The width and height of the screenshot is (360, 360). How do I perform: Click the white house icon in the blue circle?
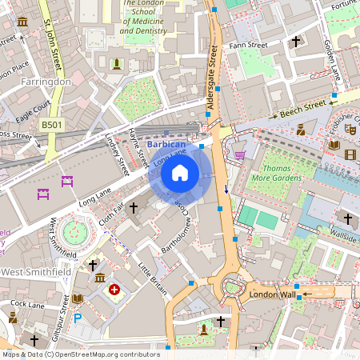point(180,172)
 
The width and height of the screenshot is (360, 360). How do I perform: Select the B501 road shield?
point(51,125)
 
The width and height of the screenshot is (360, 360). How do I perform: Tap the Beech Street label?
point(303,107)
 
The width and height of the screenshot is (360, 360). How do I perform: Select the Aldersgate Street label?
point(212,79)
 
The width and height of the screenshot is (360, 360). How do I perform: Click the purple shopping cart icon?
point(240,154)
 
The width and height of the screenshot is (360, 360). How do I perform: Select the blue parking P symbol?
point(78,318)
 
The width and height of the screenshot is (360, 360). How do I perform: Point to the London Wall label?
point(274,294)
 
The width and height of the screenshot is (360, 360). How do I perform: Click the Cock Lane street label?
point(27,305)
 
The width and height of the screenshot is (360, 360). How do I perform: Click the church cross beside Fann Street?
point(296,41)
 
